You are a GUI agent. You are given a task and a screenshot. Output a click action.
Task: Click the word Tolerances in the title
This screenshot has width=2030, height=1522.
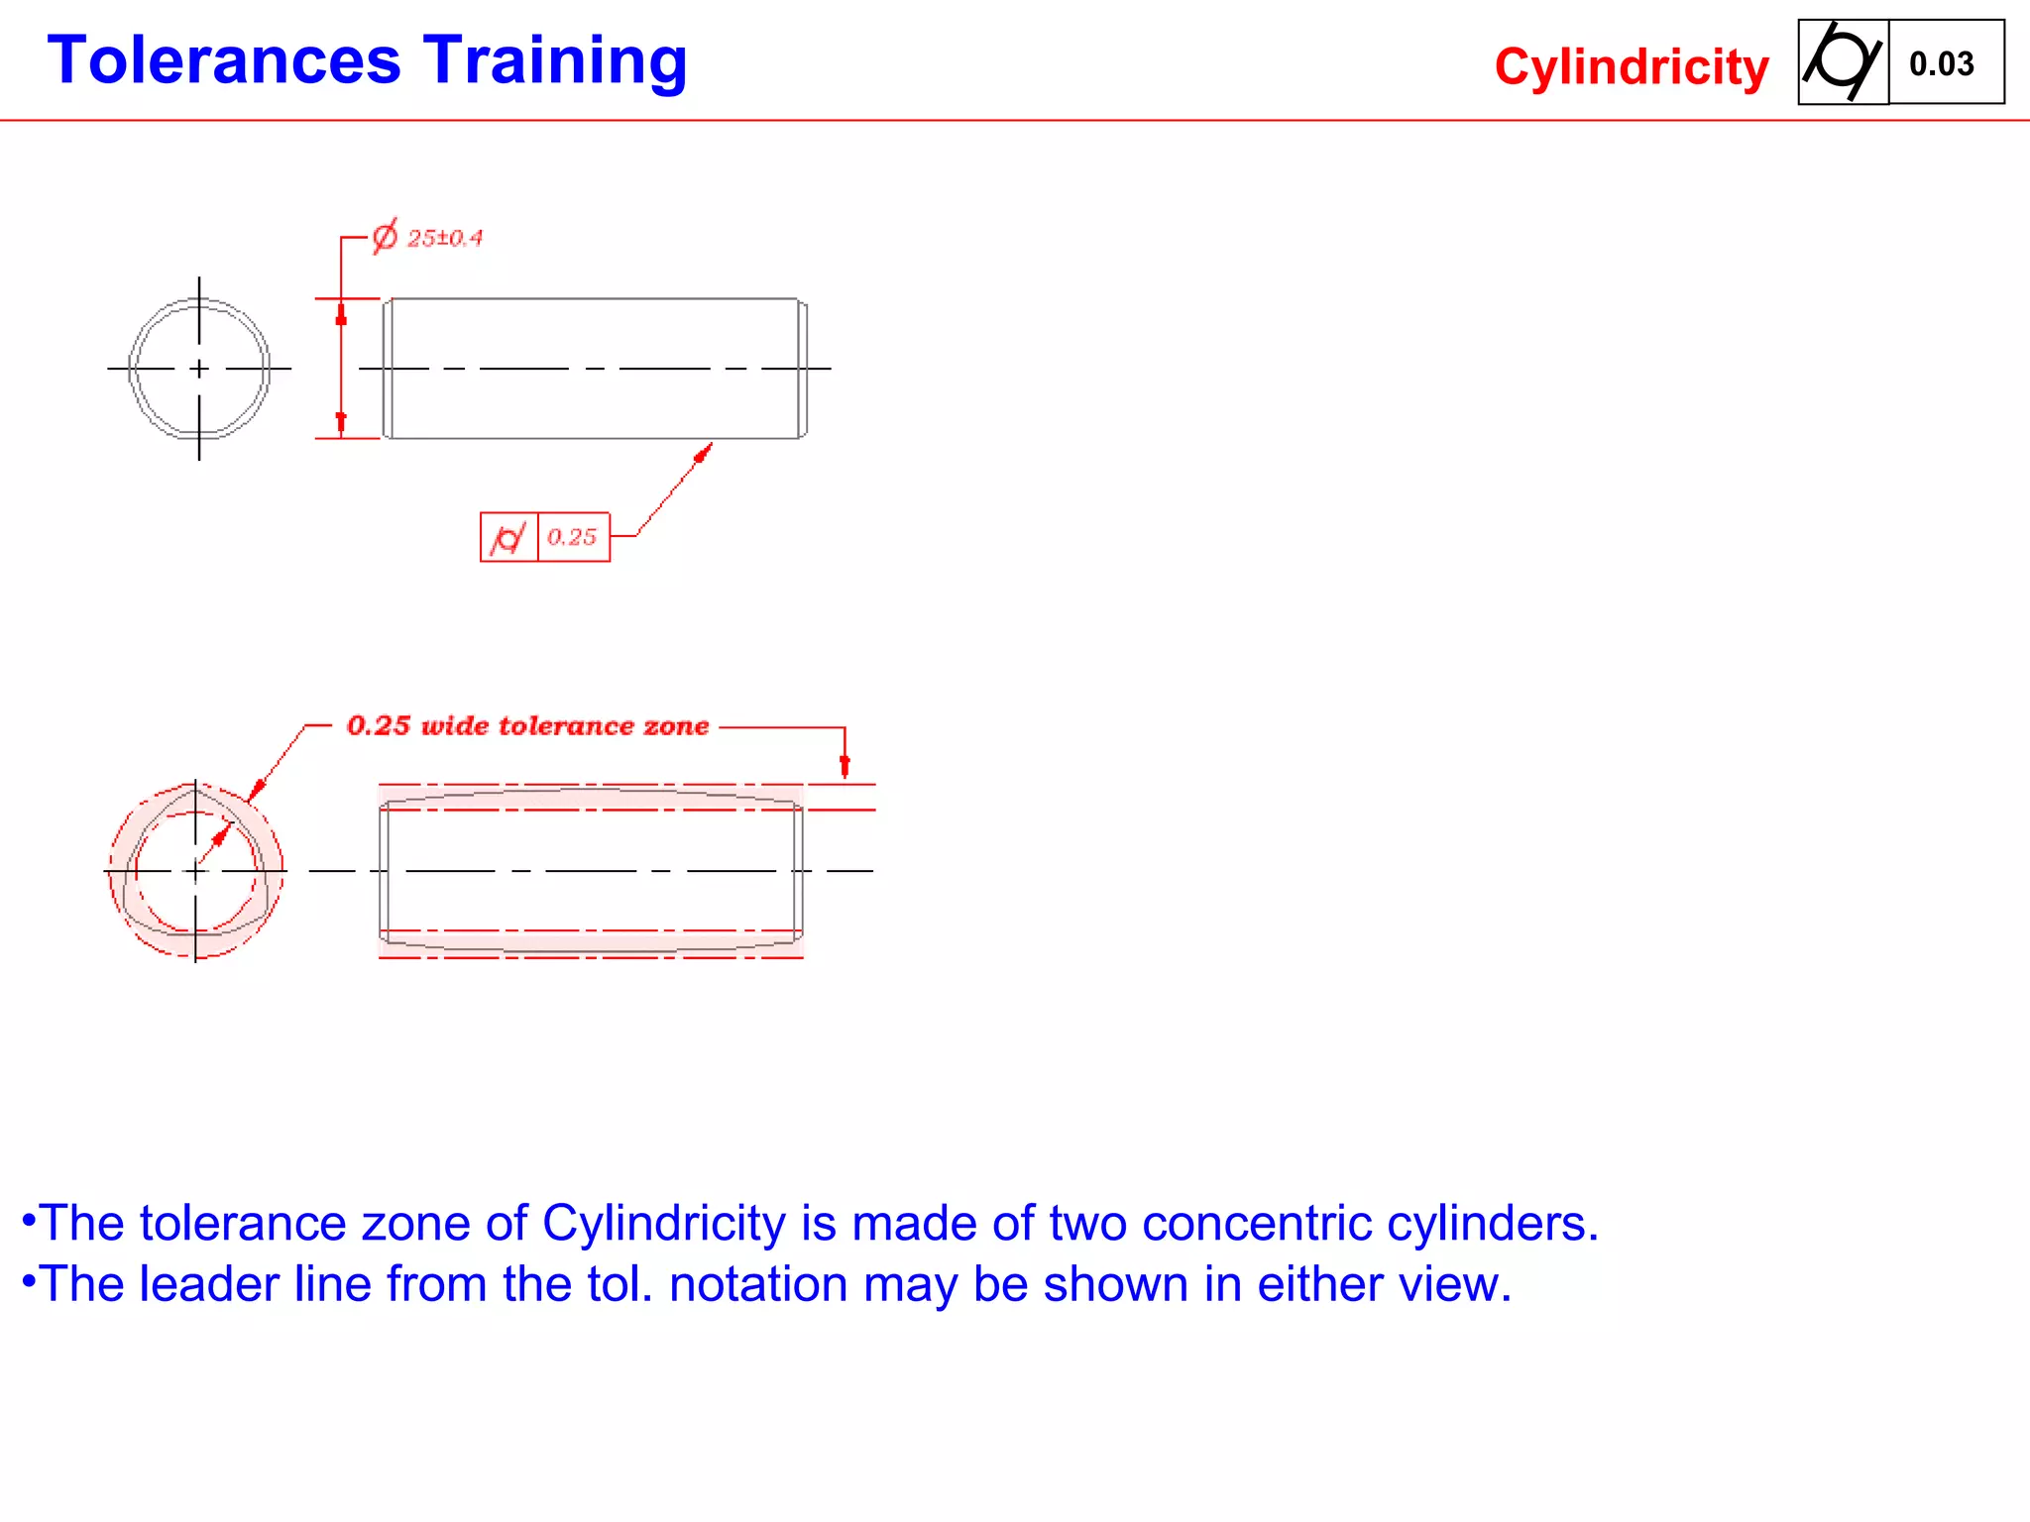tap(224, 61)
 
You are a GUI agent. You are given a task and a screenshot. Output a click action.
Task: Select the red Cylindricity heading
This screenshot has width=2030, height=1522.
tap(1631, 67)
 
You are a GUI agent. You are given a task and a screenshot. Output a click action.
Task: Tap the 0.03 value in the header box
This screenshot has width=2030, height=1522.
tap(1941, 64)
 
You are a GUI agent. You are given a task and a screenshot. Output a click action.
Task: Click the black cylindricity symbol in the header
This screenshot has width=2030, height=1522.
tap(1842, 61)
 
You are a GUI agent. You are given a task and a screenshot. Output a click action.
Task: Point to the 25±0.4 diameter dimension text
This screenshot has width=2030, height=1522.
tap(445, 239)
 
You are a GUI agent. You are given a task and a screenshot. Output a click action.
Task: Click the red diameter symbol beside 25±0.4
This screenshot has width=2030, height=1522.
tap(385, 237)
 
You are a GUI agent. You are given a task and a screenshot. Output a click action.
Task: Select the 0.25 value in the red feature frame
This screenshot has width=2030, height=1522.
tap(572, 537)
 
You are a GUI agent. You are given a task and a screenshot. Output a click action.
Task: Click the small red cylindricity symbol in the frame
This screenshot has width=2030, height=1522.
tap(508, 538)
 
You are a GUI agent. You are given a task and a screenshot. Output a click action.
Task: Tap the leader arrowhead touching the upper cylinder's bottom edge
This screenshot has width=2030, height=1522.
tap(704, 453)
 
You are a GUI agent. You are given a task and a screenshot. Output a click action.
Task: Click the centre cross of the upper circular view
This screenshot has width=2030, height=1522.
tap(199, 369)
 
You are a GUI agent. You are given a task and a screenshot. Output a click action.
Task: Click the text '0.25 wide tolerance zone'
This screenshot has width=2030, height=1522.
tap(527, 726)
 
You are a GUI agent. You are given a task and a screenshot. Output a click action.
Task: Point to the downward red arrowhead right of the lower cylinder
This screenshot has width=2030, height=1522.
tap(845, 765)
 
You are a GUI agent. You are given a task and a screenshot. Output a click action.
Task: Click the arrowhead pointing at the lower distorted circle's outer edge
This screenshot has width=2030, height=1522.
tap(256, 790)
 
